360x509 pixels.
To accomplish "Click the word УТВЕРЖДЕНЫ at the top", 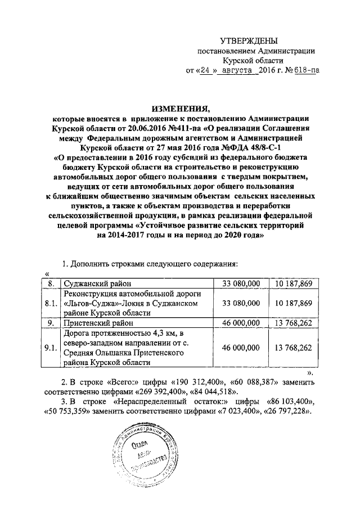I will [249, 40].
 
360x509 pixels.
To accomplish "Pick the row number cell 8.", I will [51, 283].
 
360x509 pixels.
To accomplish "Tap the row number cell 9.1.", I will [51, 348].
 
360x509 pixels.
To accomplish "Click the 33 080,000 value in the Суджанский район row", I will [241, 283].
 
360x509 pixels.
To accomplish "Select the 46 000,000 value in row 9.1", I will [241, 348].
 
